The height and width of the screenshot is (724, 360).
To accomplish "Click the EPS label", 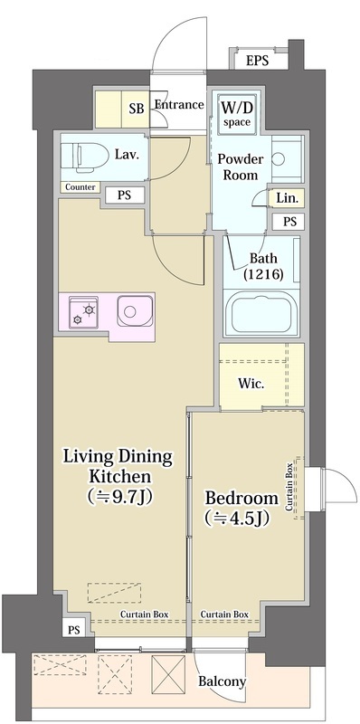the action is pos(257,61).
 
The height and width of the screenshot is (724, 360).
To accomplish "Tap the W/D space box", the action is pos(236,112).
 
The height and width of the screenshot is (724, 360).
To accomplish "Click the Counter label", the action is pos(81,187).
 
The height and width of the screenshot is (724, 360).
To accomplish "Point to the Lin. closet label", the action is pos(288,198).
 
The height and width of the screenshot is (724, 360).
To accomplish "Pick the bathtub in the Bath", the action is pos(261,313).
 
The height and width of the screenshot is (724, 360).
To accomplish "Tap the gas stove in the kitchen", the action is pos(83,311).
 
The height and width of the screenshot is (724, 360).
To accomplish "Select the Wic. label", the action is pos(251,383).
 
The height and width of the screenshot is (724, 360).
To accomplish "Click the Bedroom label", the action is pos(242,499).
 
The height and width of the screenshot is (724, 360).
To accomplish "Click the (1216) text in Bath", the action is pos(263,275).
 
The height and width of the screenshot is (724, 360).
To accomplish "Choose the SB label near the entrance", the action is pos(137,110).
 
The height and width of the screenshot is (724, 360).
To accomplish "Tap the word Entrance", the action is pos(179,105).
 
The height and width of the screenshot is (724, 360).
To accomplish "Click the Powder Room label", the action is pos(241,167).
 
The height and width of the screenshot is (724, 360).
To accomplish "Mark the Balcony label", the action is pos(222,681).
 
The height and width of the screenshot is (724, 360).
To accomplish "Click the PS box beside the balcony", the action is pos(74,630).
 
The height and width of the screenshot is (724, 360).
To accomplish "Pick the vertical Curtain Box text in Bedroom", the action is pos(289,487).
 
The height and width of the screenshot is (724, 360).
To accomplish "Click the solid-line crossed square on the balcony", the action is pos(168,674).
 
